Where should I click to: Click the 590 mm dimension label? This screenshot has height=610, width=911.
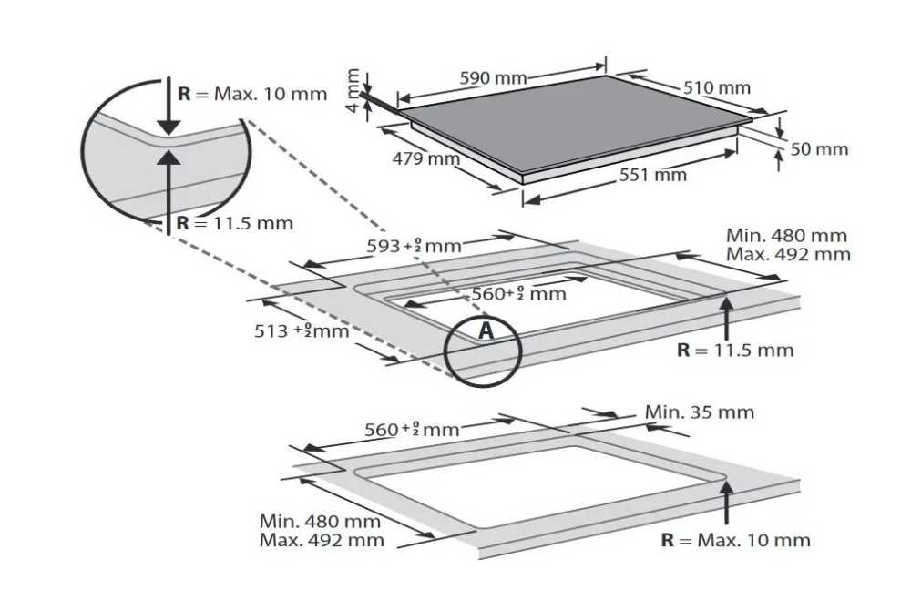pos(493,77)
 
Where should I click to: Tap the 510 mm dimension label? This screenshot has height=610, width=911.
pos(716,87)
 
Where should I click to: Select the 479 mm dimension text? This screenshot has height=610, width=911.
pos(425,158)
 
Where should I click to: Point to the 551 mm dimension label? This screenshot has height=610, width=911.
pos(652,175)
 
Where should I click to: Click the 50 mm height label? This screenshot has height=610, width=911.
pos(819,149)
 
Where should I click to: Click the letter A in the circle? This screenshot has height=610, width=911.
pos(486,330)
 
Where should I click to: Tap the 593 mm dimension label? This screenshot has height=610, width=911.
pos(414,246)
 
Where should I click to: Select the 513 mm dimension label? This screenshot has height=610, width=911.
pos(302,330)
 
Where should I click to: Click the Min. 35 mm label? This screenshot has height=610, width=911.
pos(700,412)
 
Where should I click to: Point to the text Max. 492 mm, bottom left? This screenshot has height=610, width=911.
pos(322,541)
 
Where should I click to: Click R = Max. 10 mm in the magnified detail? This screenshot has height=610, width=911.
pos(252,94)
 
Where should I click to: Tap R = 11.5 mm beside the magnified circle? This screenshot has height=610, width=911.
pos(235,223)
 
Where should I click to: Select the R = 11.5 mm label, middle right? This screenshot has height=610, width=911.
pos(735,350)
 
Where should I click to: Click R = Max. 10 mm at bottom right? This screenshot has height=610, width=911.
pos(735,541)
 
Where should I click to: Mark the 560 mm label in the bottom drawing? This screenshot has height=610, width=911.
pos(412,430)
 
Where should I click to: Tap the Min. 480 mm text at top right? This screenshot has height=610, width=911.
pos(787,236)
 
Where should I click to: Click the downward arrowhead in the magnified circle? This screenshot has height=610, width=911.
pos(169,126)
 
